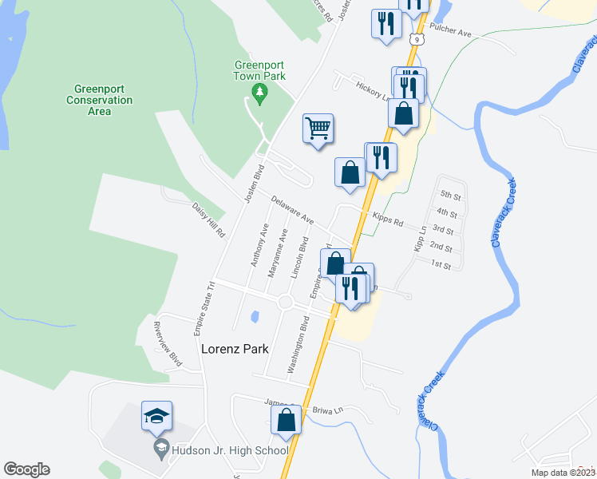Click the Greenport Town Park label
coord(259,72)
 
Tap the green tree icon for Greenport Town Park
coord(259,94)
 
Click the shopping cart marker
coord(318,128)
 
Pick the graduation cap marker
coord(157,416)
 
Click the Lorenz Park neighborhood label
coord(235,349)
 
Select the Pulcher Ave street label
coord(451,34)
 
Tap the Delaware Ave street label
coord(292,209)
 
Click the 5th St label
coord(451,196)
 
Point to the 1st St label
coord(441,263)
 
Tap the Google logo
coord(26,469)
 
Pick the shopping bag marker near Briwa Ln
coord(287,420)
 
